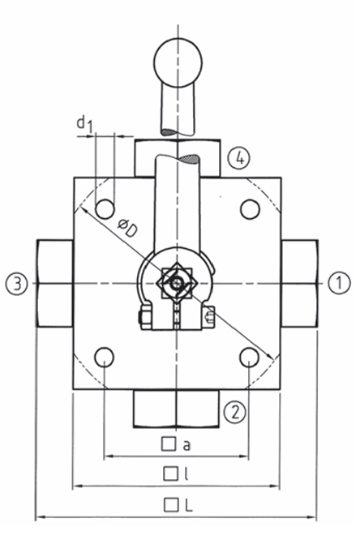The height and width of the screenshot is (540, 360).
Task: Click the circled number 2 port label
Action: pos(234,412)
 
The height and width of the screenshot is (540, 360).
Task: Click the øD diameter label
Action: pos(125,229)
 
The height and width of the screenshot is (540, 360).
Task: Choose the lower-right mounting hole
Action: pos(250,357)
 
